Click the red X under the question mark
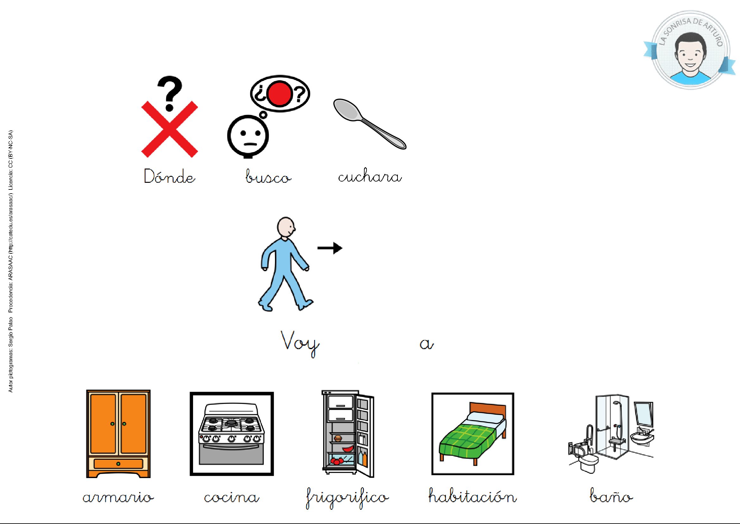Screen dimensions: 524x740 click(170, 129)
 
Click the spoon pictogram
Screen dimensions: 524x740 click(369, 124)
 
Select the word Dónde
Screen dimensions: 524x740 click(170, 176)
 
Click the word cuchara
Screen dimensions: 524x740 click(370, 176)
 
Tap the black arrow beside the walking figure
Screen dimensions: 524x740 click(330, 248)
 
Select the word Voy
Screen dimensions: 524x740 click(300, 342)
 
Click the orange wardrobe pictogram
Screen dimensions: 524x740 click(118, 433)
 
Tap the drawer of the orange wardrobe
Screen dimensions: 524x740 click(118, 464)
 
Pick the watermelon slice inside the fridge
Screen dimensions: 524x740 click(348, 449)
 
